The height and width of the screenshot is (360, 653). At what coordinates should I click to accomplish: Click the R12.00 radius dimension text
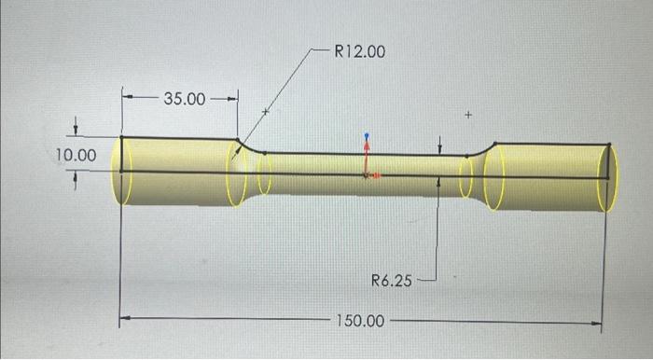pos(359,51)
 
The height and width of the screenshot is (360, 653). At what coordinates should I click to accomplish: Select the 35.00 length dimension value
pos(185,98)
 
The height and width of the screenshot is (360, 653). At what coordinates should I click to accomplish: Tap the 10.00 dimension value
pos(75,155)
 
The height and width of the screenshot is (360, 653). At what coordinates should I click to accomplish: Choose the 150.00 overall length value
pos(359,320)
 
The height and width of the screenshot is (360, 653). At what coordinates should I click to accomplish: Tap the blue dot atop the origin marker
pos(368,135)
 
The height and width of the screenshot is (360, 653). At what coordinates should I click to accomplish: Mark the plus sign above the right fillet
pos(469,116)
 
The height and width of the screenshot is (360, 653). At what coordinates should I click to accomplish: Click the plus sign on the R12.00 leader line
pos(265,112)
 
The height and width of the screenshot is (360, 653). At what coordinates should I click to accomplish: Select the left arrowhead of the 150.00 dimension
pos(127,318)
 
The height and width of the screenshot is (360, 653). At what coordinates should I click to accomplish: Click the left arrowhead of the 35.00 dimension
pos(128,96)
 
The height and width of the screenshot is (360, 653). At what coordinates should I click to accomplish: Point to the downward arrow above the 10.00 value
pos(76,131)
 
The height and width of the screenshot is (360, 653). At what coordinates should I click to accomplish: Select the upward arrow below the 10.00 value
pos(76,177)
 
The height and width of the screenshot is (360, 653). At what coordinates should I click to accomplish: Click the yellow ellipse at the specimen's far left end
pos(121,171)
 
